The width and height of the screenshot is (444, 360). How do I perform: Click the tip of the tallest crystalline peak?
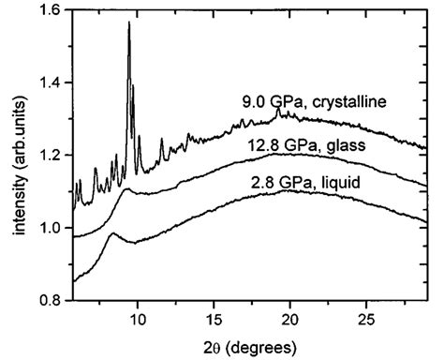click(129, 22)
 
